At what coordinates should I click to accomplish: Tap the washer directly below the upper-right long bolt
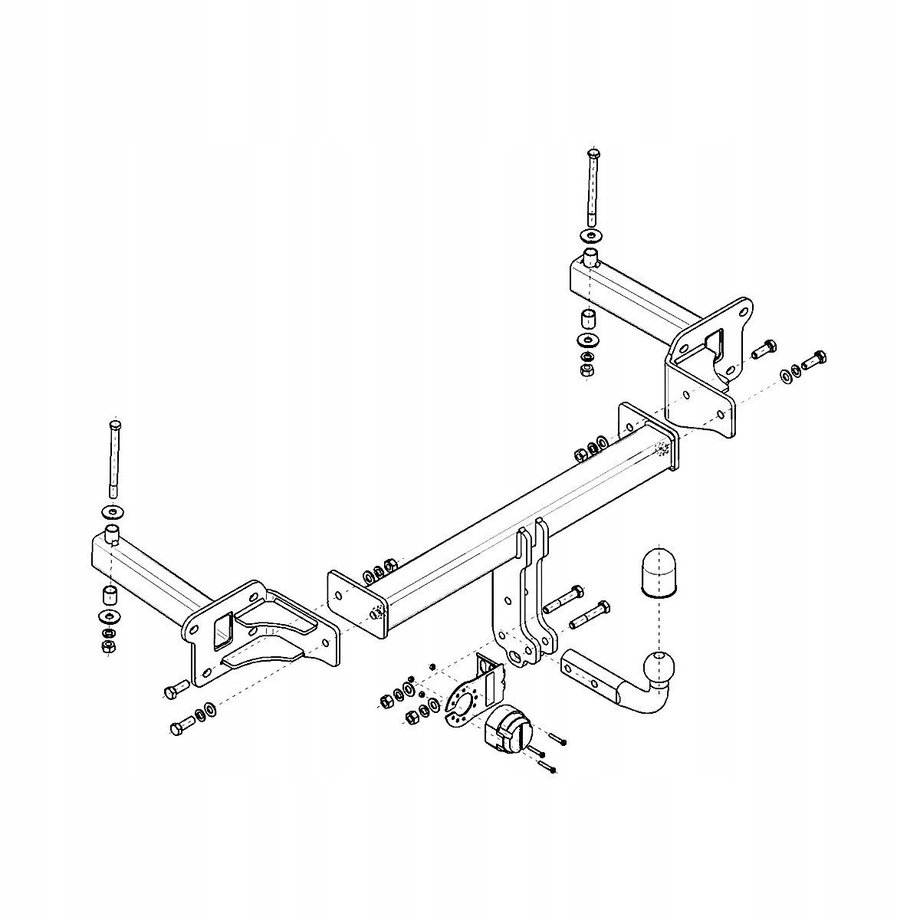tap(591, 234)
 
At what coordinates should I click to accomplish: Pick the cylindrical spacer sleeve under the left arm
tap(109, 595)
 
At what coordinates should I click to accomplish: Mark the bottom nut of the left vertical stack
tap(107, 647)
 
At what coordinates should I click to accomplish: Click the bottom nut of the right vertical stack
tap(587, 371)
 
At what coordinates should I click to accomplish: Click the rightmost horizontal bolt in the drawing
tap(814, 358)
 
